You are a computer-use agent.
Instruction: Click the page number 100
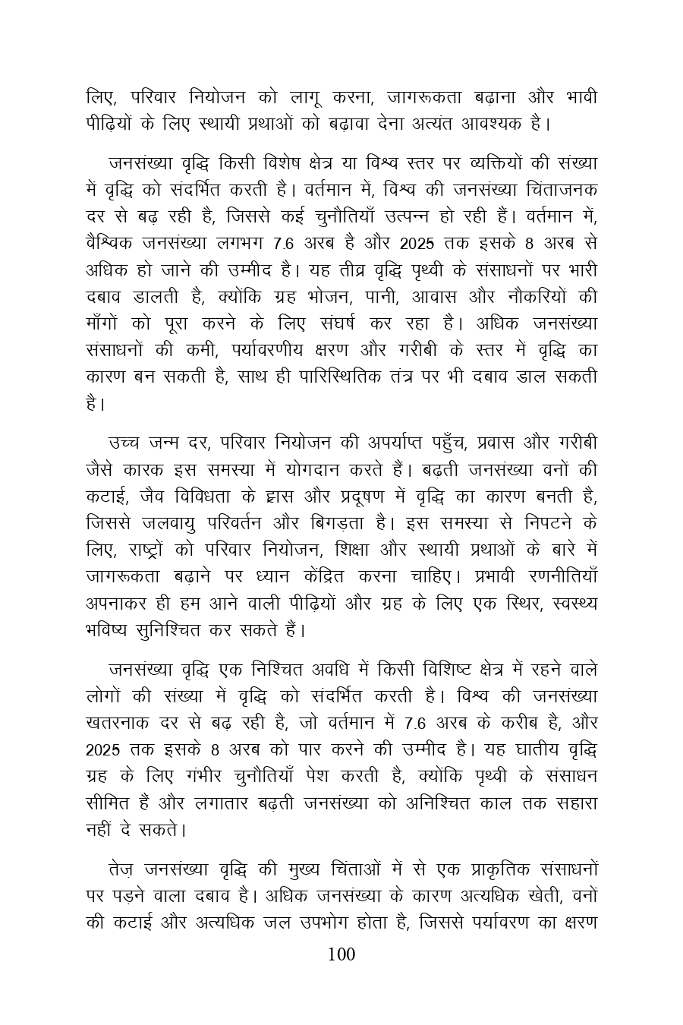pyautogui.click(x=341, y=954)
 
